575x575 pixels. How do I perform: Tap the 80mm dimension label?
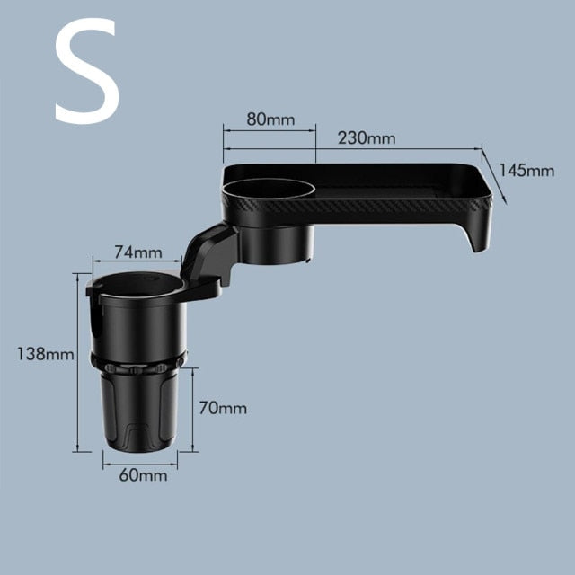(270, 119)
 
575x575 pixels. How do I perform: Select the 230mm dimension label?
(367, 137)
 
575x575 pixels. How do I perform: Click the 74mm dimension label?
(137, 252)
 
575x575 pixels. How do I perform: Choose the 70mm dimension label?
(221, 409)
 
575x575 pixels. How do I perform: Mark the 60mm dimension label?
(143, 475)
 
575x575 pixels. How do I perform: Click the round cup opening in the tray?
(267, 190)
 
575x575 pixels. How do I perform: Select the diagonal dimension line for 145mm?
(493, 175)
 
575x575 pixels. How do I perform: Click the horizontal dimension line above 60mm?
(139, 464)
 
